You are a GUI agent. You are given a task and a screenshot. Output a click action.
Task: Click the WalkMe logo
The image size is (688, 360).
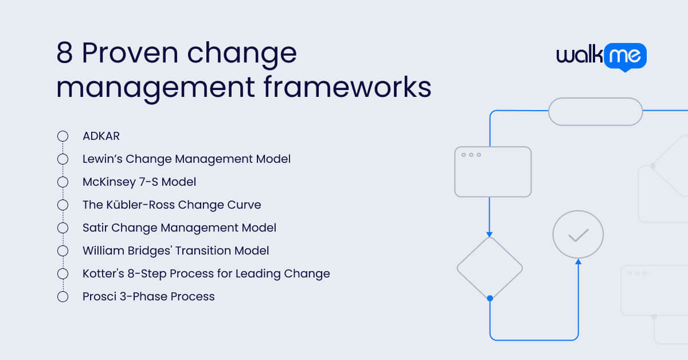(601, 56)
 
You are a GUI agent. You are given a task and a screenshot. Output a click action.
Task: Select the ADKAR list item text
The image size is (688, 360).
(101, 136)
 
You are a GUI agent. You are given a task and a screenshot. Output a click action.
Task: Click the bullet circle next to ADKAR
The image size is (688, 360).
(63, 136)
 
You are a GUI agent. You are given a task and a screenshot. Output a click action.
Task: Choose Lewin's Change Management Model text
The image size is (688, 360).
(186, 159)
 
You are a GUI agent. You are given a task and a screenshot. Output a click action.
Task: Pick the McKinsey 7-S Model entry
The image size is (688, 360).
(139, 182)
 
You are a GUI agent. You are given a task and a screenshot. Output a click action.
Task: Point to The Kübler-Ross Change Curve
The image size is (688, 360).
(171, 205)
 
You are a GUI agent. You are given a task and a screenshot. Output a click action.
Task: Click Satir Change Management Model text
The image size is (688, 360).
(179, 228)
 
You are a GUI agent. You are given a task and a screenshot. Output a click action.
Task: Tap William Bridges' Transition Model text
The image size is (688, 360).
(175, 251)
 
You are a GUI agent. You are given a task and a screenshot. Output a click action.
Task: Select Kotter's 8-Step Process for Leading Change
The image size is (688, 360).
(206, 273)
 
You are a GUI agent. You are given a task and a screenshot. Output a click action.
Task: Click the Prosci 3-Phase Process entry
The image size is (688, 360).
(148, 296)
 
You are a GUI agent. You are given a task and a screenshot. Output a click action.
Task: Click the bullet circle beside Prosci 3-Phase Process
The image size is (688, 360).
(63, 296)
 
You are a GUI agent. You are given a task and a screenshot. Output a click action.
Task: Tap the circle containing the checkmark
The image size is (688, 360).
(578, 234)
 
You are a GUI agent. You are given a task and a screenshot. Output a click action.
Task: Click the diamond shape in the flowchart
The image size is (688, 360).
(490, 267)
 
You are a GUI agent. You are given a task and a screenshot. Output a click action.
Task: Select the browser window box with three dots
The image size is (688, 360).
(493, 172)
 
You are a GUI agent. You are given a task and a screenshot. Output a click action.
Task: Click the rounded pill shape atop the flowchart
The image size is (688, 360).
(595, 111)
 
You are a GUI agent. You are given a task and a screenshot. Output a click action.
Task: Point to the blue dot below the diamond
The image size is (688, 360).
(490, 298)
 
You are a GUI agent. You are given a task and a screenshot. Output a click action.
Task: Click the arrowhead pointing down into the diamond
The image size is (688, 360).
(490, 234)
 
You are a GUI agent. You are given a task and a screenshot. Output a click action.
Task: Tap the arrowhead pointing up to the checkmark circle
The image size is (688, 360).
(578, 262)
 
